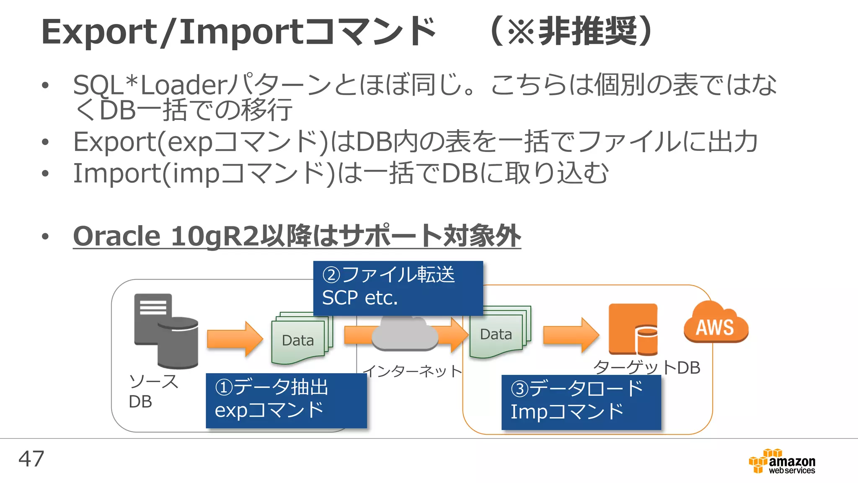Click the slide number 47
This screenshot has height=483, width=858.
coord(31,459)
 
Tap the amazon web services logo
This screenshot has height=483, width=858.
coord(782,462)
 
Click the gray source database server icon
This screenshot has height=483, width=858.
coord(166,330)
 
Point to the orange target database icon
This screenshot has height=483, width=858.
coord(633,330)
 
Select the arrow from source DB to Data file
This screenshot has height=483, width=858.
coord(235,339)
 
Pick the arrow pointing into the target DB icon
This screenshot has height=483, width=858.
coord(571,335)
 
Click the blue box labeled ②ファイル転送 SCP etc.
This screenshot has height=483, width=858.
coord(398,288)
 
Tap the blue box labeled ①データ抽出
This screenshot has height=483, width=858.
coord(286,400)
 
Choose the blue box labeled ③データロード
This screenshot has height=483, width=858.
coord(581,402)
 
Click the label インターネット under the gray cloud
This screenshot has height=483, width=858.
coord(412,371)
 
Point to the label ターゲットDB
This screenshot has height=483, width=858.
coord(647,368)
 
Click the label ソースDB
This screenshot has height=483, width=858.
coord(153,391)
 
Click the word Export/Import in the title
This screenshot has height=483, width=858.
coord(172,32)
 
